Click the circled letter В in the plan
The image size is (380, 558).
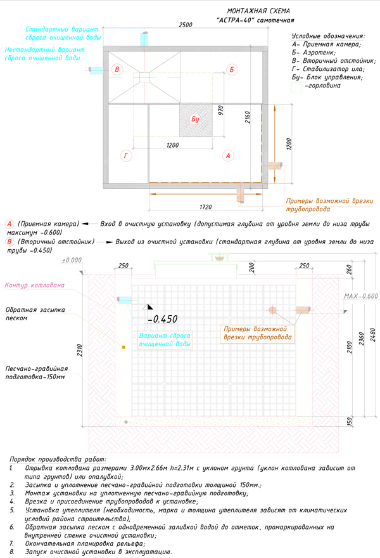coord(117,69)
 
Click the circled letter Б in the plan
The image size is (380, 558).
coord(232,69)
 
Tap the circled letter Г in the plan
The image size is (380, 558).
coord(125,155)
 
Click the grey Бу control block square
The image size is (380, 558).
coord(195,119)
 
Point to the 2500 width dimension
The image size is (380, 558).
coord(185,25)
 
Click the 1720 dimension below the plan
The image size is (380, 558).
coord(205,207)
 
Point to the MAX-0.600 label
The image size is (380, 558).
coord(360,296)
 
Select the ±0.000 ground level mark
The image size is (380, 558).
coord(72,260)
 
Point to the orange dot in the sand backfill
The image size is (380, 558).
coord(123,347)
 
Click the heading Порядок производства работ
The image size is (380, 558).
coord(58,459)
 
